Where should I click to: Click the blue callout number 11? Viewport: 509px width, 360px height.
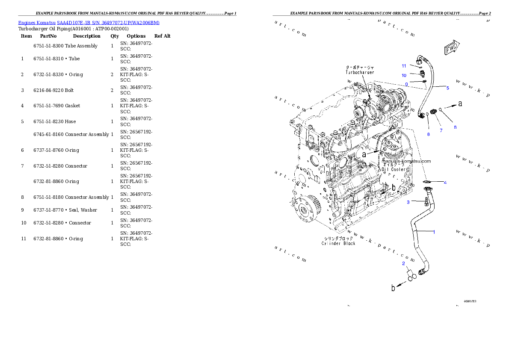pyautogui.click(x=403, y=66)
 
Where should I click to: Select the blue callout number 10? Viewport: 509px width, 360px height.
pyautogui.click(x=403, y=75)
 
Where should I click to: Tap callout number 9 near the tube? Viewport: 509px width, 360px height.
pyautogui.click(x=406, y=85)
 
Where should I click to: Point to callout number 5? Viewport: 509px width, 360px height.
pyautogui.click(x=447, y=88)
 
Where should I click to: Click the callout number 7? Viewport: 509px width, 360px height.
pyautogui.click(x=441, y=130)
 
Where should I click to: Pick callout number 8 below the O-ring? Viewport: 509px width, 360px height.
pyautogui.click(x=428, y=134)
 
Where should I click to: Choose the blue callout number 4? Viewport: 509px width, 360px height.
pyautogui.click(x=445, y=183)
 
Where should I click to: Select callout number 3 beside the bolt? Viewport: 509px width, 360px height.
pyautogui.click(x=408, y=202)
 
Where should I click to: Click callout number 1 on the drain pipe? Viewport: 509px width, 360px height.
pyautogui.click(x=434, y=232)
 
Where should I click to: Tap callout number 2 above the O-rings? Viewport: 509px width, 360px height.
pyautogui.click(x=403, y=263)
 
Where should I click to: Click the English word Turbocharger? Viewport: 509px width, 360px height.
pyautogui.click(x=360, y=73)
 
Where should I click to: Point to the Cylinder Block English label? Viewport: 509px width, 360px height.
pyautogui.click(x=338, y=244)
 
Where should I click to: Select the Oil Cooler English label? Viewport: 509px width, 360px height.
pyautogui.click(x=394, y=169)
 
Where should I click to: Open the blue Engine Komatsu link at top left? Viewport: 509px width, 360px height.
pyautogui.click(x=89, y=23)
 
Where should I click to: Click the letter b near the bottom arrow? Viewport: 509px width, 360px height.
pyautogui.click(x=393, y=288)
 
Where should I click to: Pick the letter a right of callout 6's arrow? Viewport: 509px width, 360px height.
pyautogui.click(x=460, y=103)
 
